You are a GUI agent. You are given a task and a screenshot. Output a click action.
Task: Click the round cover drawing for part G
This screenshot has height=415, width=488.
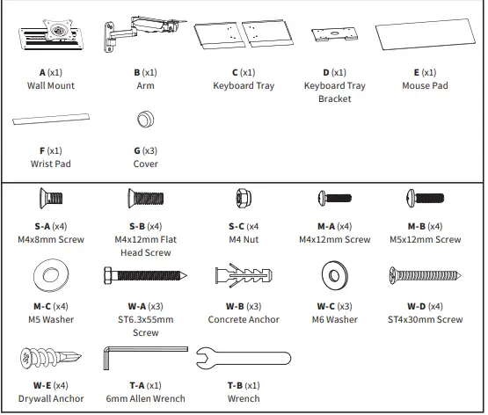(x=145, y=120)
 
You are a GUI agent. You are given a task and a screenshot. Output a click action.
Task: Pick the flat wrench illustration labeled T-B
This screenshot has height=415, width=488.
(x=238, y=358)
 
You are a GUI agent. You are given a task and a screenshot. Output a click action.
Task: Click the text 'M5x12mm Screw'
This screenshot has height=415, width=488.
(x=428, y=239)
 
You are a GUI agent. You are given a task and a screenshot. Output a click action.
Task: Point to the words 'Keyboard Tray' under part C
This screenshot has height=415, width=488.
(x=244, y=86)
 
